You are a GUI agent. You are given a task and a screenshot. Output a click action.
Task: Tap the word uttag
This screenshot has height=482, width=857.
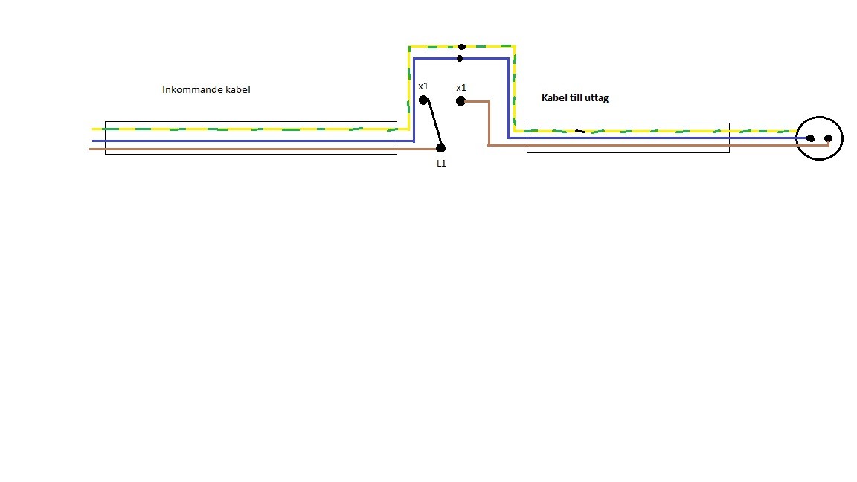(x=597, y=99)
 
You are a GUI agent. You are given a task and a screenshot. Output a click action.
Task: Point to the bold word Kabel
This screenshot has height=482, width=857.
(x=553, y=98)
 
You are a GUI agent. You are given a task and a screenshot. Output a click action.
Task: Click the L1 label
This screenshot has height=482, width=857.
(x=442, y=164)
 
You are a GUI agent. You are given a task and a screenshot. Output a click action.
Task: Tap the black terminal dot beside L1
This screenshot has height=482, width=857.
(x=441, y=148)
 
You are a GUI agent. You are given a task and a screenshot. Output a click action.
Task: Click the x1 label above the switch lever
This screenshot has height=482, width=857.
(x=423, y=86)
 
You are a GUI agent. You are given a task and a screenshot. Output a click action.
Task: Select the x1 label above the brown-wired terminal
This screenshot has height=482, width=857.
(x=461, y=88)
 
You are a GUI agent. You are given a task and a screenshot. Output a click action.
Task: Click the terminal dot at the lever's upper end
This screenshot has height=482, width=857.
(x=423, y=100)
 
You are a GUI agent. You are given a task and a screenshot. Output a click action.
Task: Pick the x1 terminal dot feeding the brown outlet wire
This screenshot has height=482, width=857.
(x=460, y=101)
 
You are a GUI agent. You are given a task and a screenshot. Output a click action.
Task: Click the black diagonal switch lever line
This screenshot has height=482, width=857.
(x=434, y=124)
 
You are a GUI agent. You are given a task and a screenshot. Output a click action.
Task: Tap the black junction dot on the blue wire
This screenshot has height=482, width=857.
(x=460, y=59)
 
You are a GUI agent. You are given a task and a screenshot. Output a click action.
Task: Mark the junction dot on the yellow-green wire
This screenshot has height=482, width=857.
(x=462, y=47)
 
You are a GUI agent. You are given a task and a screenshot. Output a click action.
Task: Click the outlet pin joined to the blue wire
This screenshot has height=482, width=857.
(x=811, y=139)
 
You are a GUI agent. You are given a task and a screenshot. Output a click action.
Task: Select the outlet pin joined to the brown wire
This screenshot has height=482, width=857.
(x=829, y=139)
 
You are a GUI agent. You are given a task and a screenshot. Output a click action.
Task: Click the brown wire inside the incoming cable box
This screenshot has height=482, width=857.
(x=251, y=149)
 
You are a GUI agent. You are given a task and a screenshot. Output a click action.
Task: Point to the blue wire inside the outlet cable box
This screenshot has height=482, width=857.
(x=628, y=138)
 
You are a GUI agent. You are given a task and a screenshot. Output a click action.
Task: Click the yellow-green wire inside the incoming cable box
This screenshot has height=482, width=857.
(x=251, y=129)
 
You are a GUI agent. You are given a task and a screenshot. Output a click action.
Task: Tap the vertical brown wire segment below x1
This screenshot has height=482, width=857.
(x=489, y=123)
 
